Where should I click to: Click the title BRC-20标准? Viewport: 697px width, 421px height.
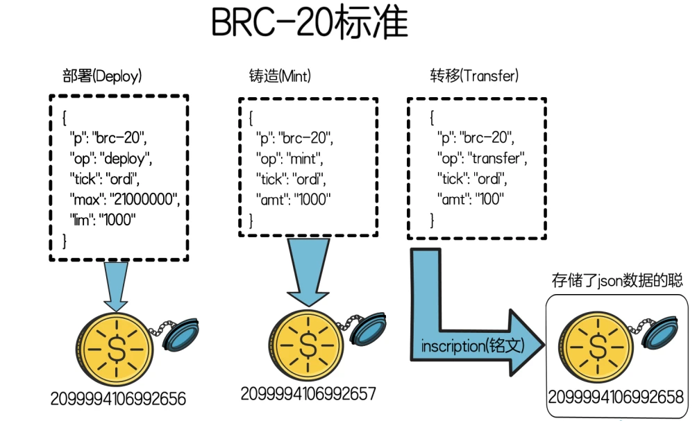click(308, 24)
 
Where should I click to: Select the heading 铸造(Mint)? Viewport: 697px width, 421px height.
click(280, 76)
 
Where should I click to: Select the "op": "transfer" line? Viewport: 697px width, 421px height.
click(482, 157)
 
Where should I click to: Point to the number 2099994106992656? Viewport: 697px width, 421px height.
click(118, 399)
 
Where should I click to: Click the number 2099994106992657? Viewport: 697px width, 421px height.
click(308, 393)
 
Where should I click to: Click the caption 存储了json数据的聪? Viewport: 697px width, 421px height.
click(617, 281)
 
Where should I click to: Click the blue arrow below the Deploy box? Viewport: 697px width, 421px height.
click(115, 284)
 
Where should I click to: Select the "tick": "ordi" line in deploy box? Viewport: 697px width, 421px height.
click(104, 178)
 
